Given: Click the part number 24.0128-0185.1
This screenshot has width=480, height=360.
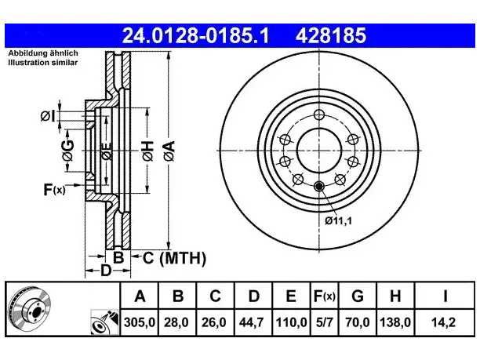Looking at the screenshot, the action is [195, 35].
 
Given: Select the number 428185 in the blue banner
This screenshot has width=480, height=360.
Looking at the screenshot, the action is [331, 35].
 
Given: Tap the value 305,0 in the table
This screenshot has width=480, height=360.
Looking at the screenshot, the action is [140, 322].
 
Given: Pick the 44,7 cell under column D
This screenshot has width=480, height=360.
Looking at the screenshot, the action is [251, 322].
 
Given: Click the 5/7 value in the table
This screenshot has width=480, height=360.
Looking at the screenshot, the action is [324, 322].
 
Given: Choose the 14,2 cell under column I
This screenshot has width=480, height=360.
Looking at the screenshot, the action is [443, 322].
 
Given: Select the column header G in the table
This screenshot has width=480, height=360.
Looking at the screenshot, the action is [358, 296].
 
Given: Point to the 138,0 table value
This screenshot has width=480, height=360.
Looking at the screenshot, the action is [395, 322].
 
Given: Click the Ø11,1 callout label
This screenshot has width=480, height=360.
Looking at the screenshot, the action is [339, 220].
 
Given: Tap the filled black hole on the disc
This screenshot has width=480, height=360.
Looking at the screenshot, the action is [319, 186].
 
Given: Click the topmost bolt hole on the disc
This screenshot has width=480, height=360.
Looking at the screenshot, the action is [319, 115].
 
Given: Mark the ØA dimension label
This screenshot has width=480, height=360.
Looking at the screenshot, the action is [169, 151].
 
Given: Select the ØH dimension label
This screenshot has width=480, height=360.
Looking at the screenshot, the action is [147, 151].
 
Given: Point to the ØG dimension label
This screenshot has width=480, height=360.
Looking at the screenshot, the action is [68, 151].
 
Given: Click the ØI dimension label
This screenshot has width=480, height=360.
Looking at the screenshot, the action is [48, 116].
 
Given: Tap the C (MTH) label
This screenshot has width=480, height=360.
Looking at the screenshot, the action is [174, 258].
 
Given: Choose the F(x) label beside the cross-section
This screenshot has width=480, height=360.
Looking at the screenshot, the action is [54, 190].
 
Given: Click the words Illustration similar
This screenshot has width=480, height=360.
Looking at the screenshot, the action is [43, 63].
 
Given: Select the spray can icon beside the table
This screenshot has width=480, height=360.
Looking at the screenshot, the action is [104, 322].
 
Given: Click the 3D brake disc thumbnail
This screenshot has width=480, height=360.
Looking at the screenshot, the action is [29, 308].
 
